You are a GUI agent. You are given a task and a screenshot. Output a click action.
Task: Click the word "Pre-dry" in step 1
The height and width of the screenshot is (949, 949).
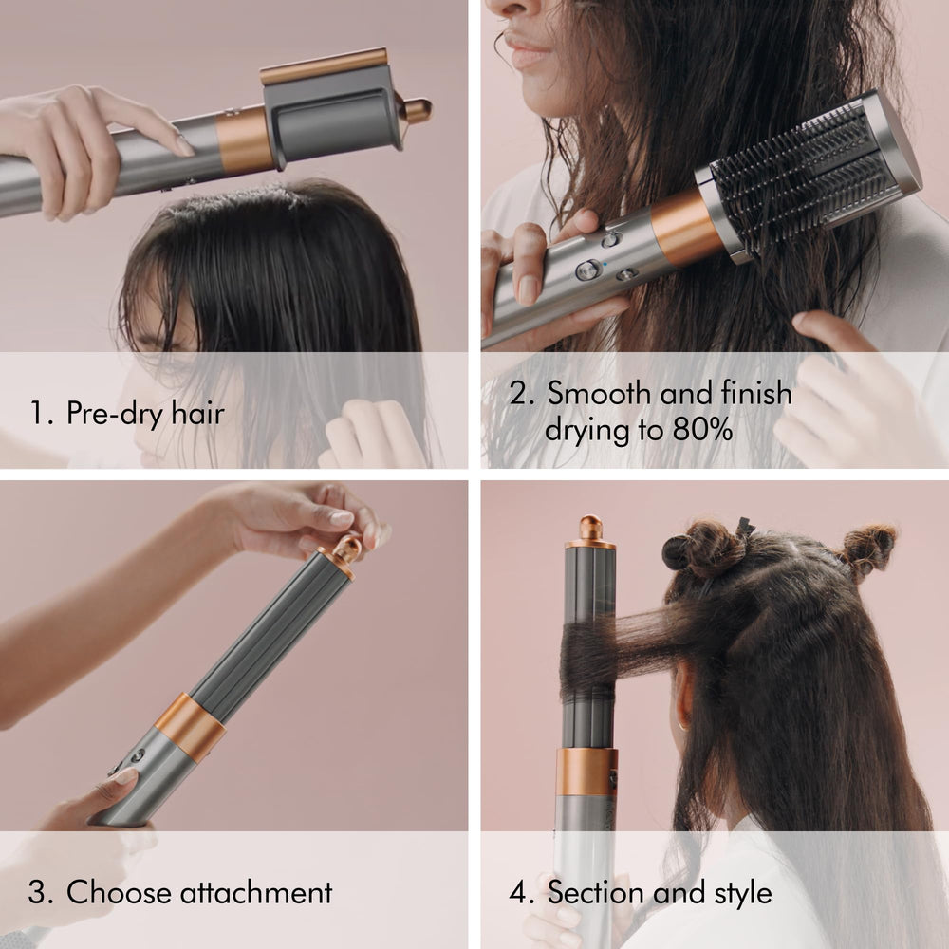click(x=115, y=414)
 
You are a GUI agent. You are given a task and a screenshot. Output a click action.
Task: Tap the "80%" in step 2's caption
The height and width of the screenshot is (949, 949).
click(x=702, y=430)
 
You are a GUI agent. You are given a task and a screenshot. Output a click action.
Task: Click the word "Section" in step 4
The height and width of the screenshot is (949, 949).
click(x=596, y=892)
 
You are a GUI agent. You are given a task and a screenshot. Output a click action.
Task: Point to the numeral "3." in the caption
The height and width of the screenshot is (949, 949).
click(x=41, y=893)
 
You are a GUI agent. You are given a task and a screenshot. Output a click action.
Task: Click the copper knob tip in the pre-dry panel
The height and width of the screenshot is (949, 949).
click(x=418, y=110)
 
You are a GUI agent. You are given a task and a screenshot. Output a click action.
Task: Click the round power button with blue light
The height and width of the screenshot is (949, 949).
click(x=587, y=270)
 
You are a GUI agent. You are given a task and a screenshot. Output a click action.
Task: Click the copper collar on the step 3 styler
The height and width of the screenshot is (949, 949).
click(x=189, y=727)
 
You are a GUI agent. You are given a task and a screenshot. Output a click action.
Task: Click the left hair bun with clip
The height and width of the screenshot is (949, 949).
click(x=704, y=547)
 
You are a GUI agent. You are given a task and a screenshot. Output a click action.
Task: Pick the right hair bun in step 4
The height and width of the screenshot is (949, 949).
click(x=866, y=549)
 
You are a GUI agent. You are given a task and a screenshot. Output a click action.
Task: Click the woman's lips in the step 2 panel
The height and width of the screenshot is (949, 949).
click(x=528, y=51)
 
